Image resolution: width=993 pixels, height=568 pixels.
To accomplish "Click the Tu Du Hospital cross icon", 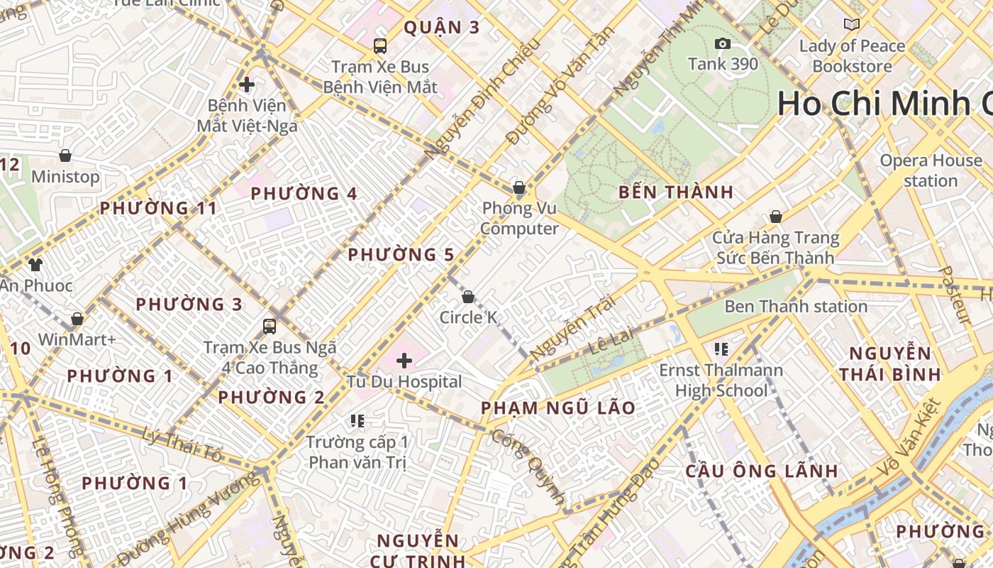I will (404, 361).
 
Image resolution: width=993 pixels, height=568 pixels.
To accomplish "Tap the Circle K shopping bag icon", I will (468, 296).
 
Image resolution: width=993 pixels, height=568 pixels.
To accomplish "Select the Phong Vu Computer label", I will (519, 219).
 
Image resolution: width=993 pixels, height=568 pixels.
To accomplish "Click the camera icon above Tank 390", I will (723, 44).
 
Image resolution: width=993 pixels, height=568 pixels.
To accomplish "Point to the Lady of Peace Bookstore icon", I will (851, 25).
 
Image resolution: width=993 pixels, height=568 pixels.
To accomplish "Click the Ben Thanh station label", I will (795, 307).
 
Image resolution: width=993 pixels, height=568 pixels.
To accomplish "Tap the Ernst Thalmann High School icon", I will (721, 349).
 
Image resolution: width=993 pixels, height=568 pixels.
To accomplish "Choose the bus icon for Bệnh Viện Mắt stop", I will (380, 46).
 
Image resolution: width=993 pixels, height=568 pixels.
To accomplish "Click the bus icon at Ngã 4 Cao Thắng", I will (270, 327).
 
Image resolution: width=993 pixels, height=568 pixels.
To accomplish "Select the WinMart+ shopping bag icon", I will (77, 319).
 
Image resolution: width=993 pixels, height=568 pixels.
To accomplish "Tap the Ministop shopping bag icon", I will (65, 155).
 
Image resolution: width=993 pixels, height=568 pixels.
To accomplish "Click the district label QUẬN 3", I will (441, 28).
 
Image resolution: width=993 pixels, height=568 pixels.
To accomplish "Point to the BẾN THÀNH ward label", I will (675, 192).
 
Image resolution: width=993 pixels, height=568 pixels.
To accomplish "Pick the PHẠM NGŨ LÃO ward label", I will (557, 408).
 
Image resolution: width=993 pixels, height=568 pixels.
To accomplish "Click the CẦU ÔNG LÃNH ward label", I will (762, 471).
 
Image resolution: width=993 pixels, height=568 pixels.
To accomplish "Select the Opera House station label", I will (931, 170).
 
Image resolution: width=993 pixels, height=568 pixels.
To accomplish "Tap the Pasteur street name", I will (954, 295).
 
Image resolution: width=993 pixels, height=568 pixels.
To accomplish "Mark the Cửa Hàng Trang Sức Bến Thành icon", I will (776, 217).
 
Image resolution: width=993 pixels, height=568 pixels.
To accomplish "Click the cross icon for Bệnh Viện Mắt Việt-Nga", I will (246, 84).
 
